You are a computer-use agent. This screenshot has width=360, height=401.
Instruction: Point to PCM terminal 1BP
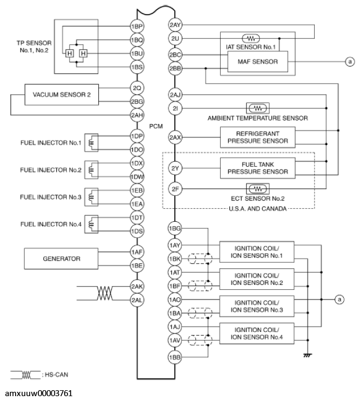137,26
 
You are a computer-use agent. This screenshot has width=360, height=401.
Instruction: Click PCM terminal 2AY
174,26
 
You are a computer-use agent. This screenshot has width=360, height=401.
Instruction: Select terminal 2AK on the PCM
137,287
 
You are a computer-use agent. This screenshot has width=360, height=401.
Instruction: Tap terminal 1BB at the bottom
174,358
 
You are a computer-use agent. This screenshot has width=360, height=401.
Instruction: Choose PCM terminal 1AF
137,252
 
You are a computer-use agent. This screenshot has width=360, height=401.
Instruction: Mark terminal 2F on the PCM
174,189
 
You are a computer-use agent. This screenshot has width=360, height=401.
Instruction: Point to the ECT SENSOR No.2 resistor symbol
254,188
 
